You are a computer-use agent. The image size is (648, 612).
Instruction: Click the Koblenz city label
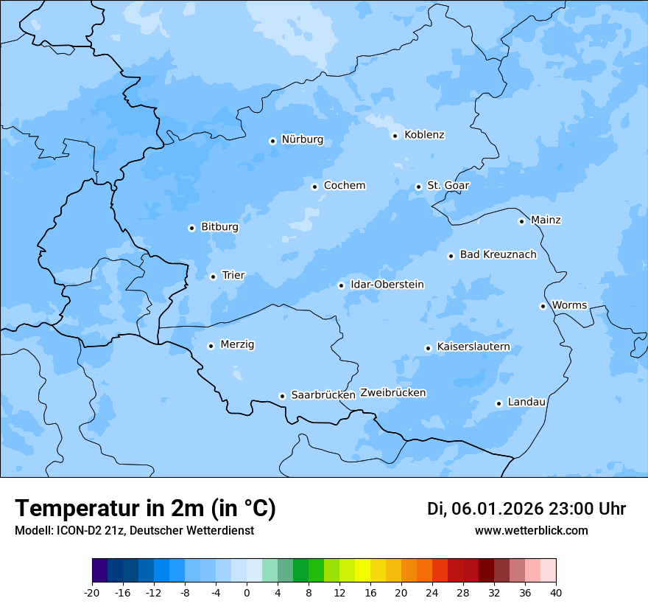424,135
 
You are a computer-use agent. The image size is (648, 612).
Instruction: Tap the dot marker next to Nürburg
272,141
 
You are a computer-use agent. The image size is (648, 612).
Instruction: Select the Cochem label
345,186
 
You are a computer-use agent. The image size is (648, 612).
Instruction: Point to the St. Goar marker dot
418,187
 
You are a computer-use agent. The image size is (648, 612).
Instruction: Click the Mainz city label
546,220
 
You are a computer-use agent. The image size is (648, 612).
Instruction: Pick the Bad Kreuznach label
498,255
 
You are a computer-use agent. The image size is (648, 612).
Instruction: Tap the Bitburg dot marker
191,228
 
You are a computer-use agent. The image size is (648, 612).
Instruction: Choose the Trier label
233,276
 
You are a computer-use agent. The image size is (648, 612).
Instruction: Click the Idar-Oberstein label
387,285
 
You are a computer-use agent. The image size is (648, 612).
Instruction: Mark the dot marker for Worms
543,306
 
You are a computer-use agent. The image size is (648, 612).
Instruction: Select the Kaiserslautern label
473,347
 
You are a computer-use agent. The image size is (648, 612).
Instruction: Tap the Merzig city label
237,345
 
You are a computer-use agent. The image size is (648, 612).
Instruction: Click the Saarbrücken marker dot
282,396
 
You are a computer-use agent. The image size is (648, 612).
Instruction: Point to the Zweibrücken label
392,393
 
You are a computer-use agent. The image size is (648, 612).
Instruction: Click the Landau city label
526,403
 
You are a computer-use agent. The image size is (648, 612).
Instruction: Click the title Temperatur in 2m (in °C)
146,509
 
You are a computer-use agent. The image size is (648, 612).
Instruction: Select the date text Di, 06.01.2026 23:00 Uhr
526,509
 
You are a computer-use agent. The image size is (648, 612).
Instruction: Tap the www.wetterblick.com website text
531,531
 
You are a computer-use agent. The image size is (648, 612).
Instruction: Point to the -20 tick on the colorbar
92,593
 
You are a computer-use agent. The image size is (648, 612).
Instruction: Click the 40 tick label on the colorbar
556,593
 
